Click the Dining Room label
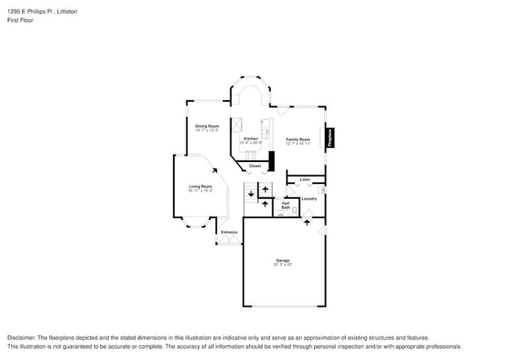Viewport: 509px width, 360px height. click(207, 125)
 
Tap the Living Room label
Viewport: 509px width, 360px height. click(200, 185)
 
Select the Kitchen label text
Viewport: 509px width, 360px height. click(251, 139)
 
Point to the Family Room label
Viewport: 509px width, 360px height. click(298, 139)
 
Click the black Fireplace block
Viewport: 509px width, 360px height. click(330, 138)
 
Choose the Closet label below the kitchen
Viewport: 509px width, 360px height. click(254, 166)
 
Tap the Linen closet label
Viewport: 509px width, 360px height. click(305, 180)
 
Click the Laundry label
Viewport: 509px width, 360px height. click(309, 198)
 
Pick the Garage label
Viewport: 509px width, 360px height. click(282, 260)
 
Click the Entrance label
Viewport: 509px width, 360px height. click(229, 232)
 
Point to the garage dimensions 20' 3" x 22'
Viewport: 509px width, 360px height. click(282, 265)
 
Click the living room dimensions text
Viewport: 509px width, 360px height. click(200, 190)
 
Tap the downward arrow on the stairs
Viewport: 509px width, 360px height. click(251, 193)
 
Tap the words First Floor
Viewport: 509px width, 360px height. click(20, 20)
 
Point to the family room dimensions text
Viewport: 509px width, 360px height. click(298, 143)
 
